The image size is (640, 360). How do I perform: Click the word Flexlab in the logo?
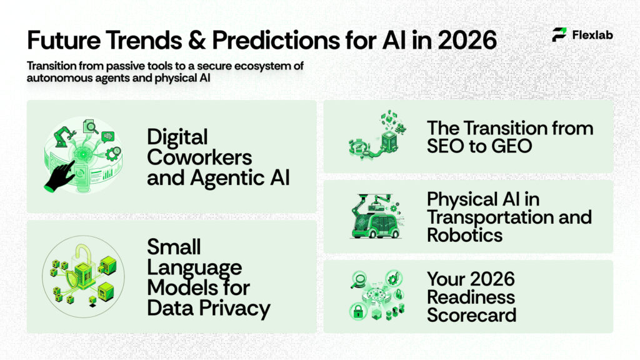(x=592, y=35)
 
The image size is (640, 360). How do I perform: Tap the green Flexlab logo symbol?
(x=559, y=35)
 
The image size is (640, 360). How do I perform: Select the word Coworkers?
(x=199, y=157)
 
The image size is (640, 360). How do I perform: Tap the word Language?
(x=194, y=267)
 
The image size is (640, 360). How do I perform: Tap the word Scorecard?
(x=471, y=314)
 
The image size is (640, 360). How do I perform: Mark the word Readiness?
(x=471, y=296)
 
